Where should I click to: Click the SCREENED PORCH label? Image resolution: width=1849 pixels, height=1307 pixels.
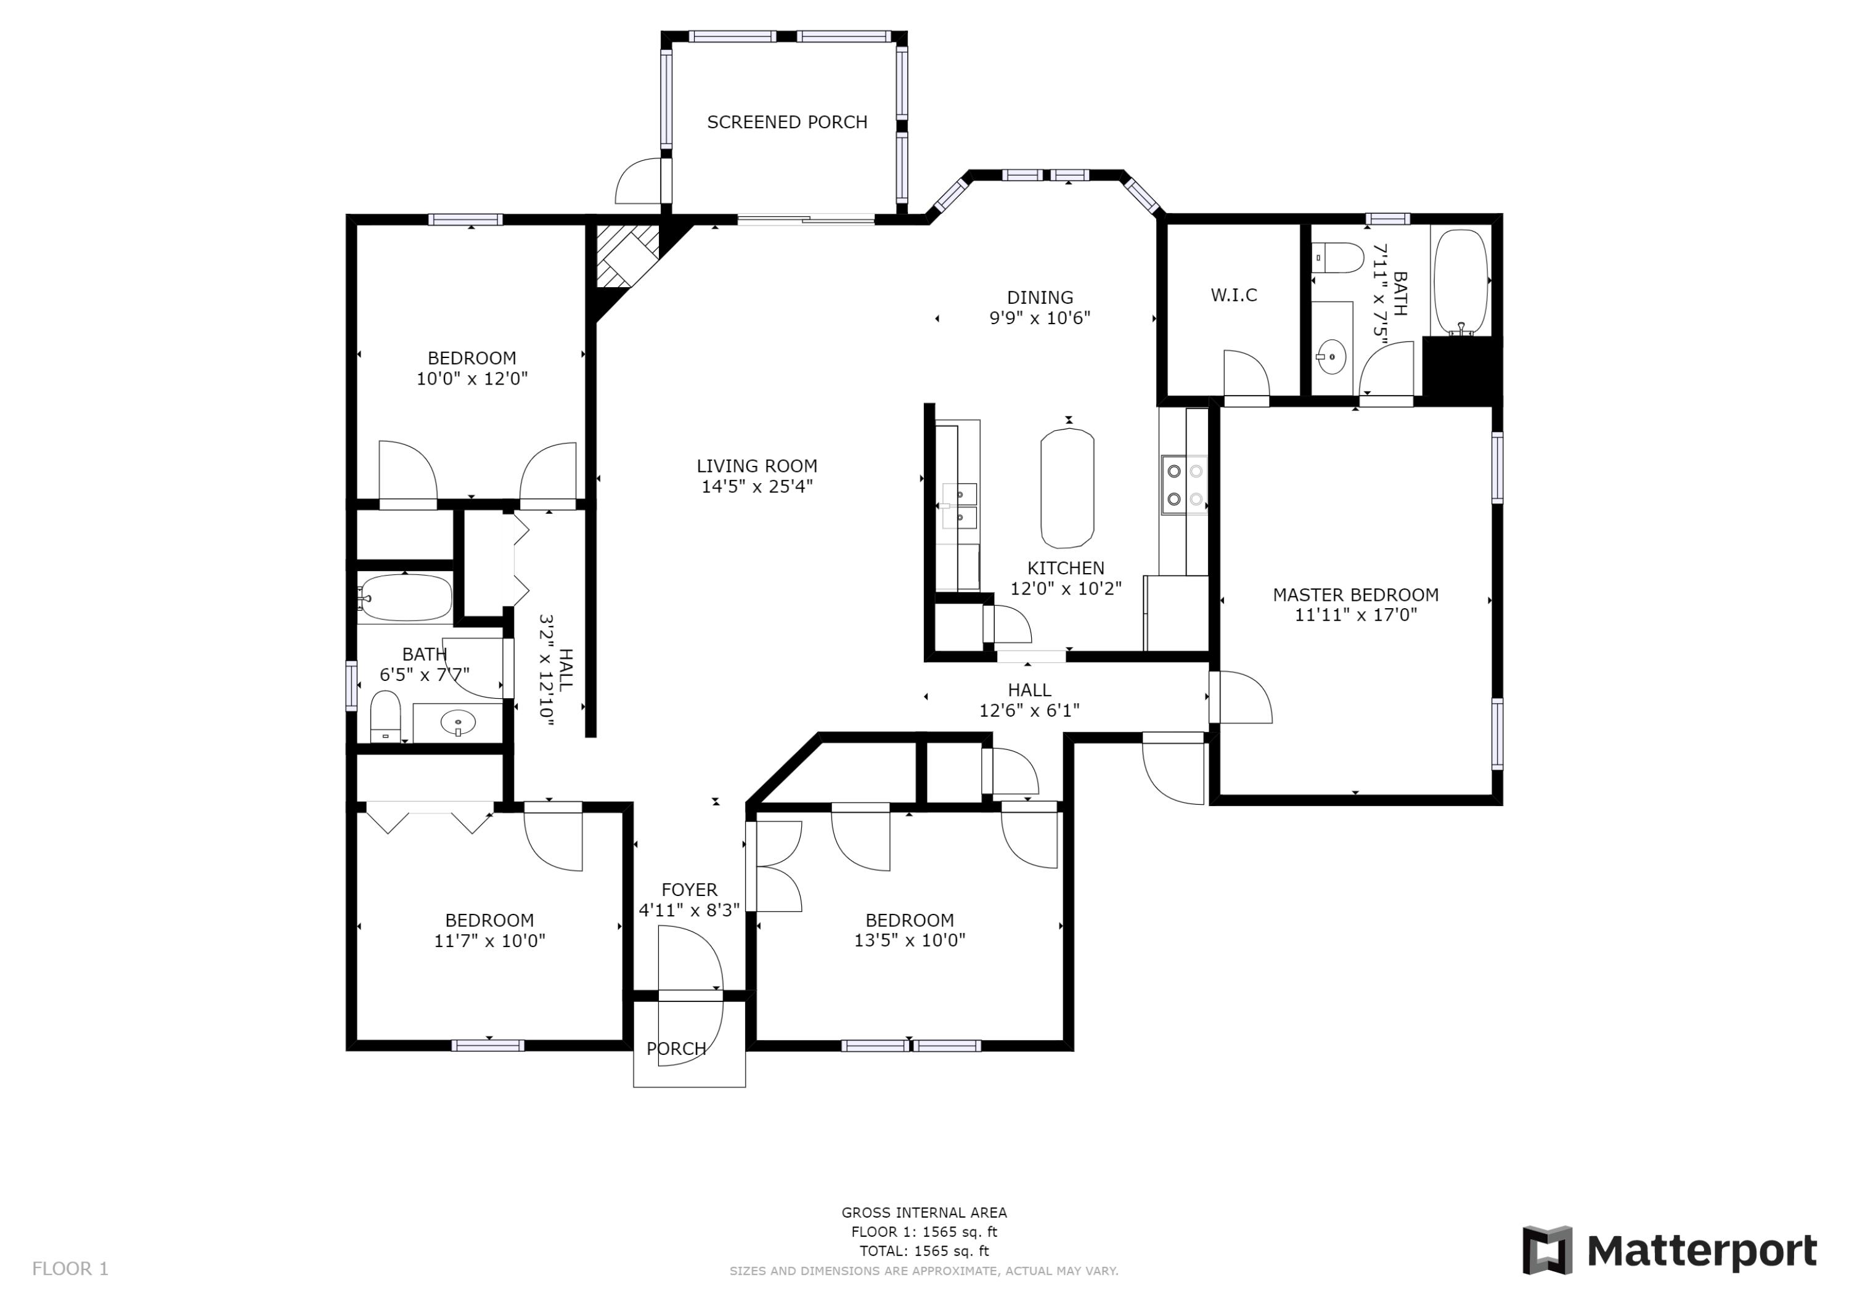[x=787, y=123]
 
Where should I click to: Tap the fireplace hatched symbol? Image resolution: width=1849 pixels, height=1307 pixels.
[x=625, y=254]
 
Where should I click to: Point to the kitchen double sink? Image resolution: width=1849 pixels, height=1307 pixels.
[x=960, y=505]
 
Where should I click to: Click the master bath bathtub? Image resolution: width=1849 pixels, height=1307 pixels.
[x=1460, y=282]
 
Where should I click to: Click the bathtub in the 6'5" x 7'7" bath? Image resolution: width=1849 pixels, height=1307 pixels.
[x=404, y=598]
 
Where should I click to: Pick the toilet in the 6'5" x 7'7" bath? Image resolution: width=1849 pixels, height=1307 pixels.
[x=385, y=714]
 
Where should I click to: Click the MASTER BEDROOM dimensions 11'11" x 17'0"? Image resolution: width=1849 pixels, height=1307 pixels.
[x=1355, y=615]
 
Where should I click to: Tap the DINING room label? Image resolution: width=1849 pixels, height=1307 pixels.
[x=1040, y=297]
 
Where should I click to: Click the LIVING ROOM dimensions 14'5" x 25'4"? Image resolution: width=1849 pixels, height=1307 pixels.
[x=756, y=486]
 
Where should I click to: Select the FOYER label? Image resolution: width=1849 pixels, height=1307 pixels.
[x=688, y=890]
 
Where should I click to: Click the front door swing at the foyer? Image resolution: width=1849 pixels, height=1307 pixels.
[x=691, y=959]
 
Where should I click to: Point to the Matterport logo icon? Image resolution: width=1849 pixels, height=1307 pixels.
[x=1546, y=1251]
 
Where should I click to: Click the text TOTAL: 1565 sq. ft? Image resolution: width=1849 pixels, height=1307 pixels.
[x=924, y=1252]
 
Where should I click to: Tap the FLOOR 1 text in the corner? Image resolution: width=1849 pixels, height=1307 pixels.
[x=70, y=1269]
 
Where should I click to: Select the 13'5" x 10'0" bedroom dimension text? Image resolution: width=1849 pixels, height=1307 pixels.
[x=909, y=940]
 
